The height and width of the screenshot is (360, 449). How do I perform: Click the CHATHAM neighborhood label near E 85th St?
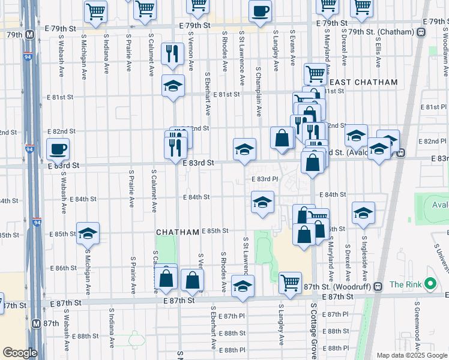(x=177, y=232)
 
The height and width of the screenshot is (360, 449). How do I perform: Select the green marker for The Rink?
(x=429, y=284)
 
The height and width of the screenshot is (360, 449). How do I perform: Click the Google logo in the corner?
(x=19, y=352)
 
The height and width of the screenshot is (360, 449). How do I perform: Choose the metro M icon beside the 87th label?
(x=37, y=323)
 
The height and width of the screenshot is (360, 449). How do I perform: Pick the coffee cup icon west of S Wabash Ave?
(x=58, y=149)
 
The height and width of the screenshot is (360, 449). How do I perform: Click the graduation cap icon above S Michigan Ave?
(x=88, y=232)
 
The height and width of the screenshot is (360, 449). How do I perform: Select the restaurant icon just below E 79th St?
(x=173, y=53)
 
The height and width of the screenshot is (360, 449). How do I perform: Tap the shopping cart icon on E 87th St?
(x=291, y=282)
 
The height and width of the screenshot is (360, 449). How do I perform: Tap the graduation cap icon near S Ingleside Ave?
(x=363, y=213)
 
